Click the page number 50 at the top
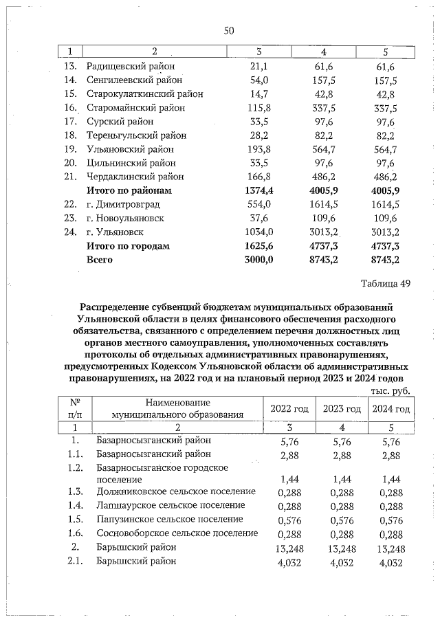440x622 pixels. click(229, 30)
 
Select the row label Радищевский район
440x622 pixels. click(131, 67)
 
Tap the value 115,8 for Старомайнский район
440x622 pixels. click(259, 108)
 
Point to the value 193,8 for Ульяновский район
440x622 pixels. click(259, 149)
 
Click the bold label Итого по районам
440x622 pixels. click(128, 190)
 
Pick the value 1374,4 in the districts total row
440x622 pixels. click(259, 190)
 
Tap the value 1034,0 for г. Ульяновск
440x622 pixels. click(259, 232)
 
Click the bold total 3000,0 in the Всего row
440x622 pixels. click(259, 260)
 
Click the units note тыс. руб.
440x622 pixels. click(390, 390)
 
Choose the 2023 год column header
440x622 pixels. click(342, 409)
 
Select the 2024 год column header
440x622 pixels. click(390, 409)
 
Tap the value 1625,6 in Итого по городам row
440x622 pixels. click(259, 246)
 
